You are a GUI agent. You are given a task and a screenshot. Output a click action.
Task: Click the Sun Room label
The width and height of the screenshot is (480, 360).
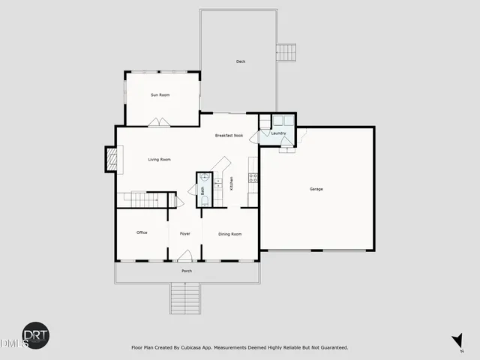point(159,95)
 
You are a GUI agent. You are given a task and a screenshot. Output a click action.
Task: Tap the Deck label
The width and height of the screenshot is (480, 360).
point(241,61)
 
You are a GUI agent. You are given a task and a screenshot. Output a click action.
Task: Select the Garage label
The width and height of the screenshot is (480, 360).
point(316,189)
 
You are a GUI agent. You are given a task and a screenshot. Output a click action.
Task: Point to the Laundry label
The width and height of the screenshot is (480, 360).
point(279,133)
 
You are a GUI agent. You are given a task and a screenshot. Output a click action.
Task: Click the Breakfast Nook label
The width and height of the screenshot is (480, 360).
point(229,136)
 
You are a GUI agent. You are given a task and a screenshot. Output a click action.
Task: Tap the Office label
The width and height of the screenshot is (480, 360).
point(142,233)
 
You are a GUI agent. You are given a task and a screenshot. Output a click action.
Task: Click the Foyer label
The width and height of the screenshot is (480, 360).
point(184,234)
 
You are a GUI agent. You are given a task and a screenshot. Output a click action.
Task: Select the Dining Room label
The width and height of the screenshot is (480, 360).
point(230,234)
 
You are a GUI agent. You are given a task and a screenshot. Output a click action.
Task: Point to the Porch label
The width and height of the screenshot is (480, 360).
point(187,271)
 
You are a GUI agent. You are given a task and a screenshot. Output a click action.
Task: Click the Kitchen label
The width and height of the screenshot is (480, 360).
point(232,182)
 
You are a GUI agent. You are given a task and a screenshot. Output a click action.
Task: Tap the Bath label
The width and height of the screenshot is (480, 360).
point(202,190)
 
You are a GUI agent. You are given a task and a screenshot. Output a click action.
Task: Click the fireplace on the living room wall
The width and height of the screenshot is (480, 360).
point(111,158)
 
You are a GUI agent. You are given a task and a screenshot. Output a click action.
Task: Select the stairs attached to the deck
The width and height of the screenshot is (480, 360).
point(286,52)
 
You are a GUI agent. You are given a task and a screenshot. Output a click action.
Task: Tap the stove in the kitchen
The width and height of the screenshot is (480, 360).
point(253,178)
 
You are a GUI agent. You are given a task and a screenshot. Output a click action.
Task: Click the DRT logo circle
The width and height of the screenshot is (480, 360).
point(35,335)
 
